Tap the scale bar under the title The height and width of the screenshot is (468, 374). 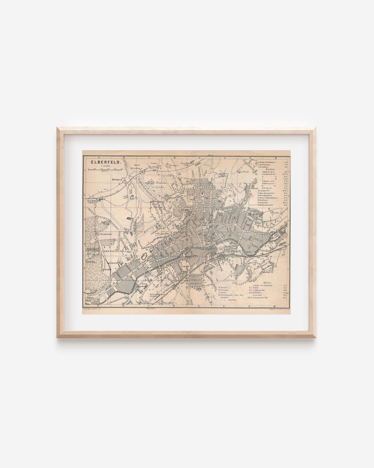pos(104,169)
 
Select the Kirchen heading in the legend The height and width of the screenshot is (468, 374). pos(270,169)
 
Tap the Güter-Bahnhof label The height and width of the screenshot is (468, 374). pos(156,294)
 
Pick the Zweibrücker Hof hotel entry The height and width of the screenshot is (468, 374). pos(265,298)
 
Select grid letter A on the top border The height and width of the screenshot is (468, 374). pos(98,158)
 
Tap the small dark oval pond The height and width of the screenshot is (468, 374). pos(130,219)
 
